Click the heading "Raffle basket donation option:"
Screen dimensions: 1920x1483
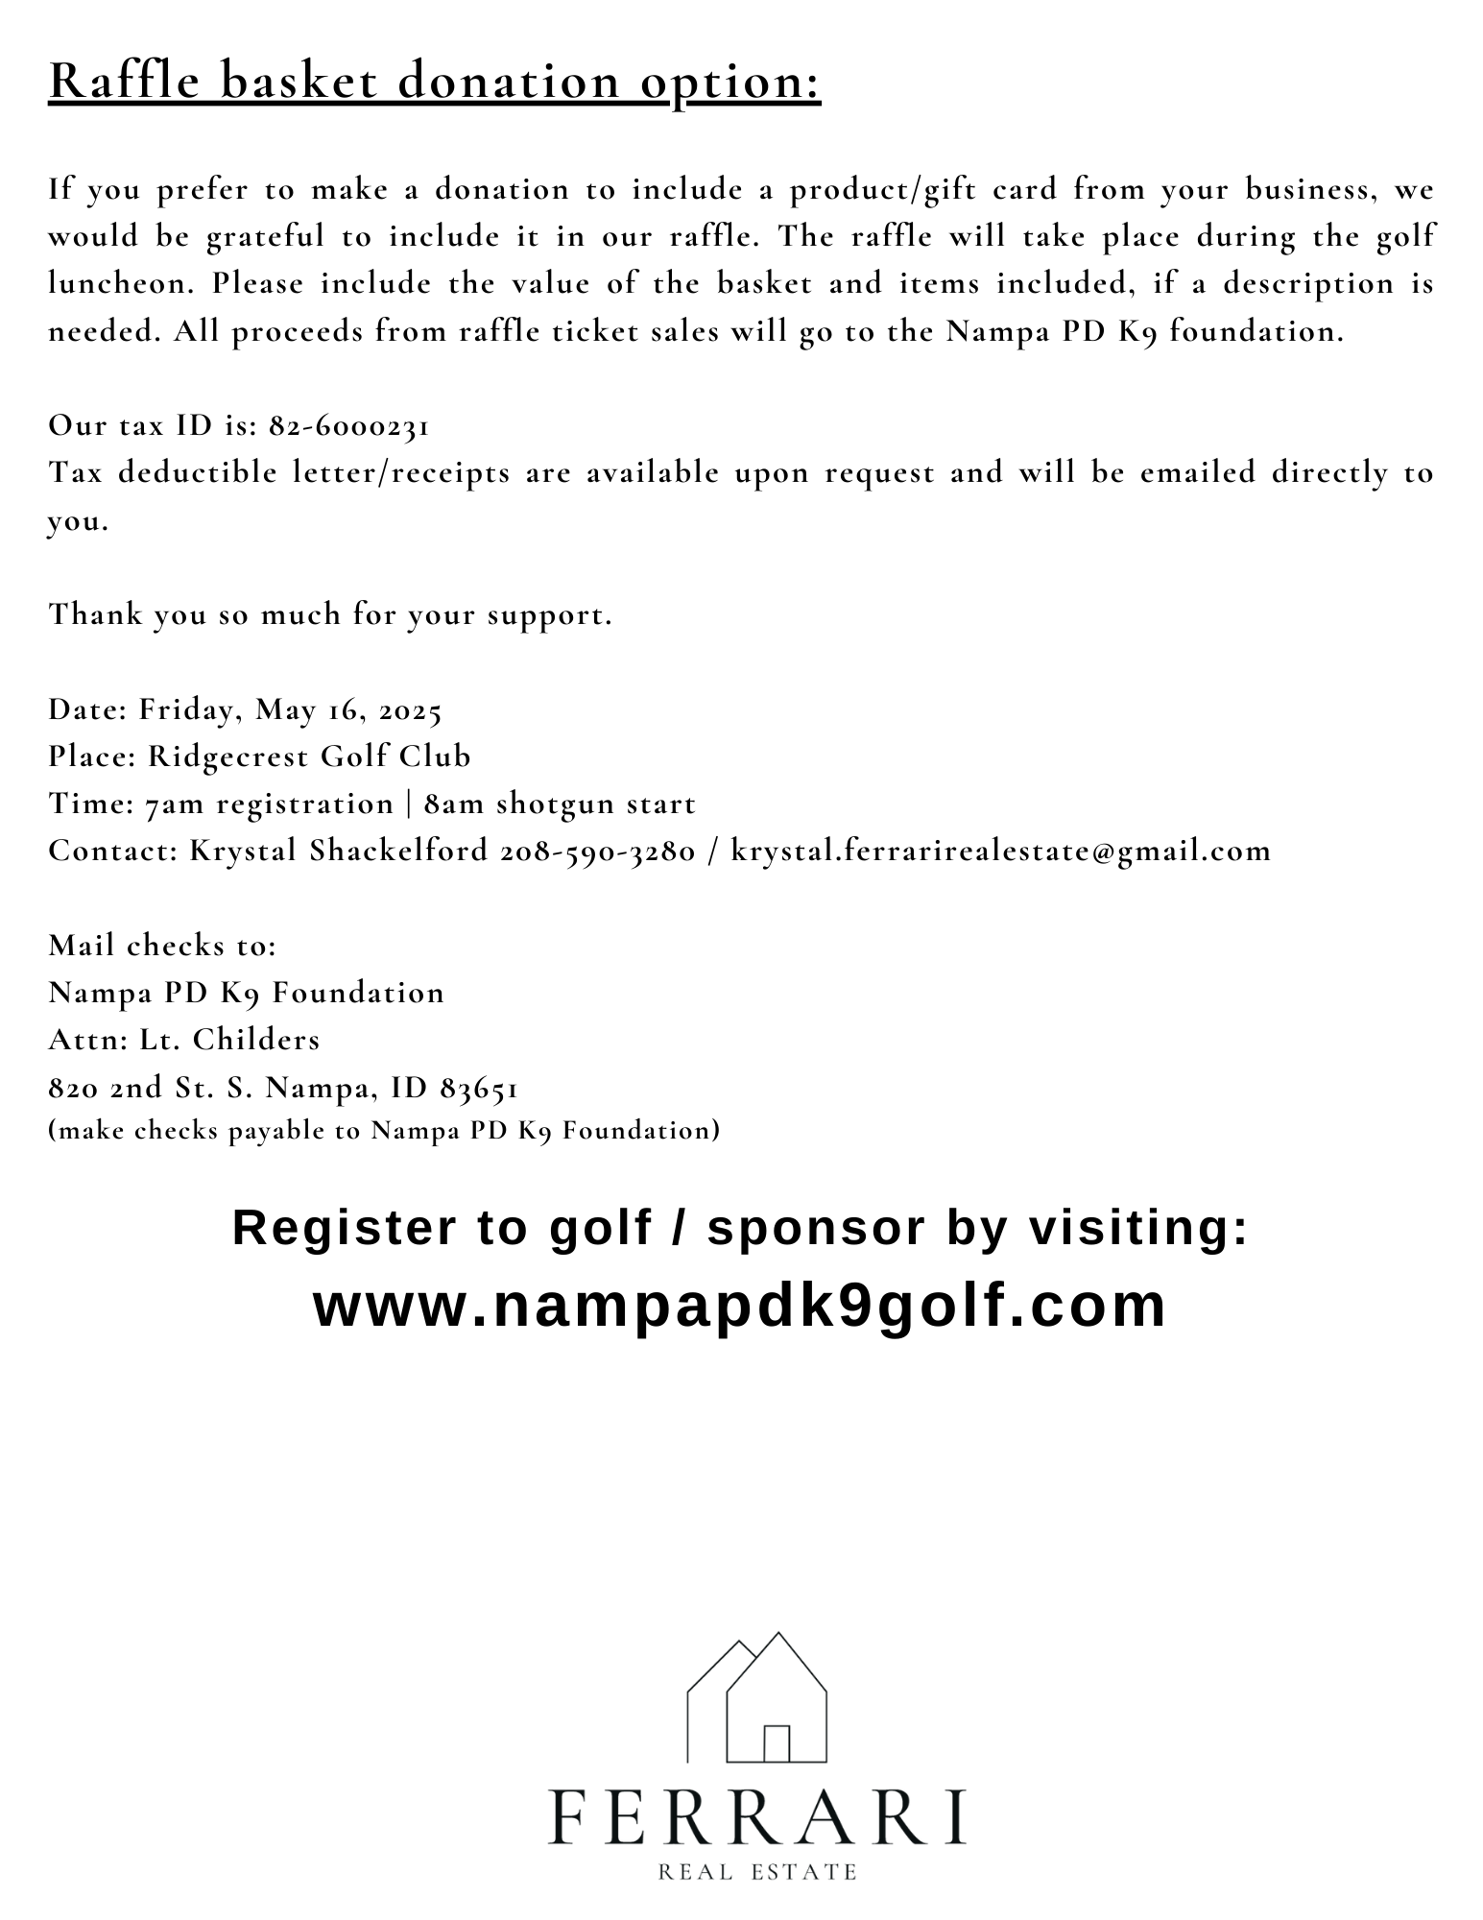pyautogui.click(x=435, y=82)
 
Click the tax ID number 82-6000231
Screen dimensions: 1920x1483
pyautogui.click(x=349, y=425)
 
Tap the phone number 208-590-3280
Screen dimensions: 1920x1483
pyautogui.click(x=597, y=851)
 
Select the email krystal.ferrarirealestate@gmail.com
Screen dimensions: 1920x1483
pyautogui.click(x=1000, y=851)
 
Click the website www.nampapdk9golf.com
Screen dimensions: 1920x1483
pyautogui.click(x=740, y=1306)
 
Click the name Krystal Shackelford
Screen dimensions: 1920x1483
pyautogui.click(x=339, y=851)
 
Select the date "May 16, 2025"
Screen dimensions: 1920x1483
pyautogui.click(x=348, y=710)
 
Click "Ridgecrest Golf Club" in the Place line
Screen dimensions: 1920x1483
pyautogui.click(x=309, y=756)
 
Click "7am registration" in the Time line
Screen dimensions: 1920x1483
pyautogui.click(x=270, y=804)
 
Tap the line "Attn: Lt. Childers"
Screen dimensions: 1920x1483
pyautogui.click(x=184, y=1040)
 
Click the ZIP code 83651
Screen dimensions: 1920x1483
pyautogui.click(x=479, y=1088)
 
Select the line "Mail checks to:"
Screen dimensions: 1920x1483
pyautogui.click(x=162, y=946)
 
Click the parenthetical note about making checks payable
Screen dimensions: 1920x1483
pyautogui.click(x=384, y=1131)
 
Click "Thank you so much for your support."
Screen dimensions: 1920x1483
pyautogui.click(x=330, y=614)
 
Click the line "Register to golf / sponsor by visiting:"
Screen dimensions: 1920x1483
pyautogui.click(x=740, y=1228)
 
